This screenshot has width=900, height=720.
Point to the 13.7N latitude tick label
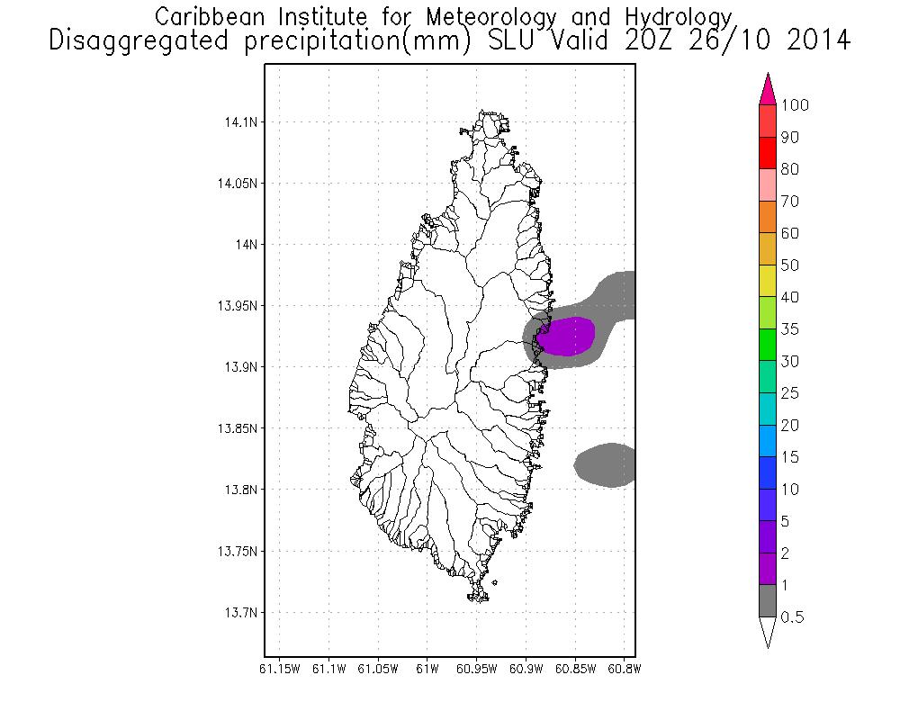pos(236,613)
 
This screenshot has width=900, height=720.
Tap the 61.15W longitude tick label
pos(279,669)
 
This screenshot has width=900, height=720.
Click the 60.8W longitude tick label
pos(623,669)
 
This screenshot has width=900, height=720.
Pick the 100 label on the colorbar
pos(795,105)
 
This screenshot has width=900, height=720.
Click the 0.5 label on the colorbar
pos(793,617)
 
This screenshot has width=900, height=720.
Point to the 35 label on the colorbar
pos(790,329)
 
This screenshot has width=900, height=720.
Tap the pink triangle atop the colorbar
pos(768,89)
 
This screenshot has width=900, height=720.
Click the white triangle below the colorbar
pos(768,632)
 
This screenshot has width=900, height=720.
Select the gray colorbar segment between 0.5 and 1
pos(768,601)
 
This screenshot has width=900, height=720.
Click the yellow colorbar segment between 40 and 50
pos(768,281)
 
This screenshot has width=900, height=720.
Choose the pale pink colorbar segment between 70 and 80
pos(768,184)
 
